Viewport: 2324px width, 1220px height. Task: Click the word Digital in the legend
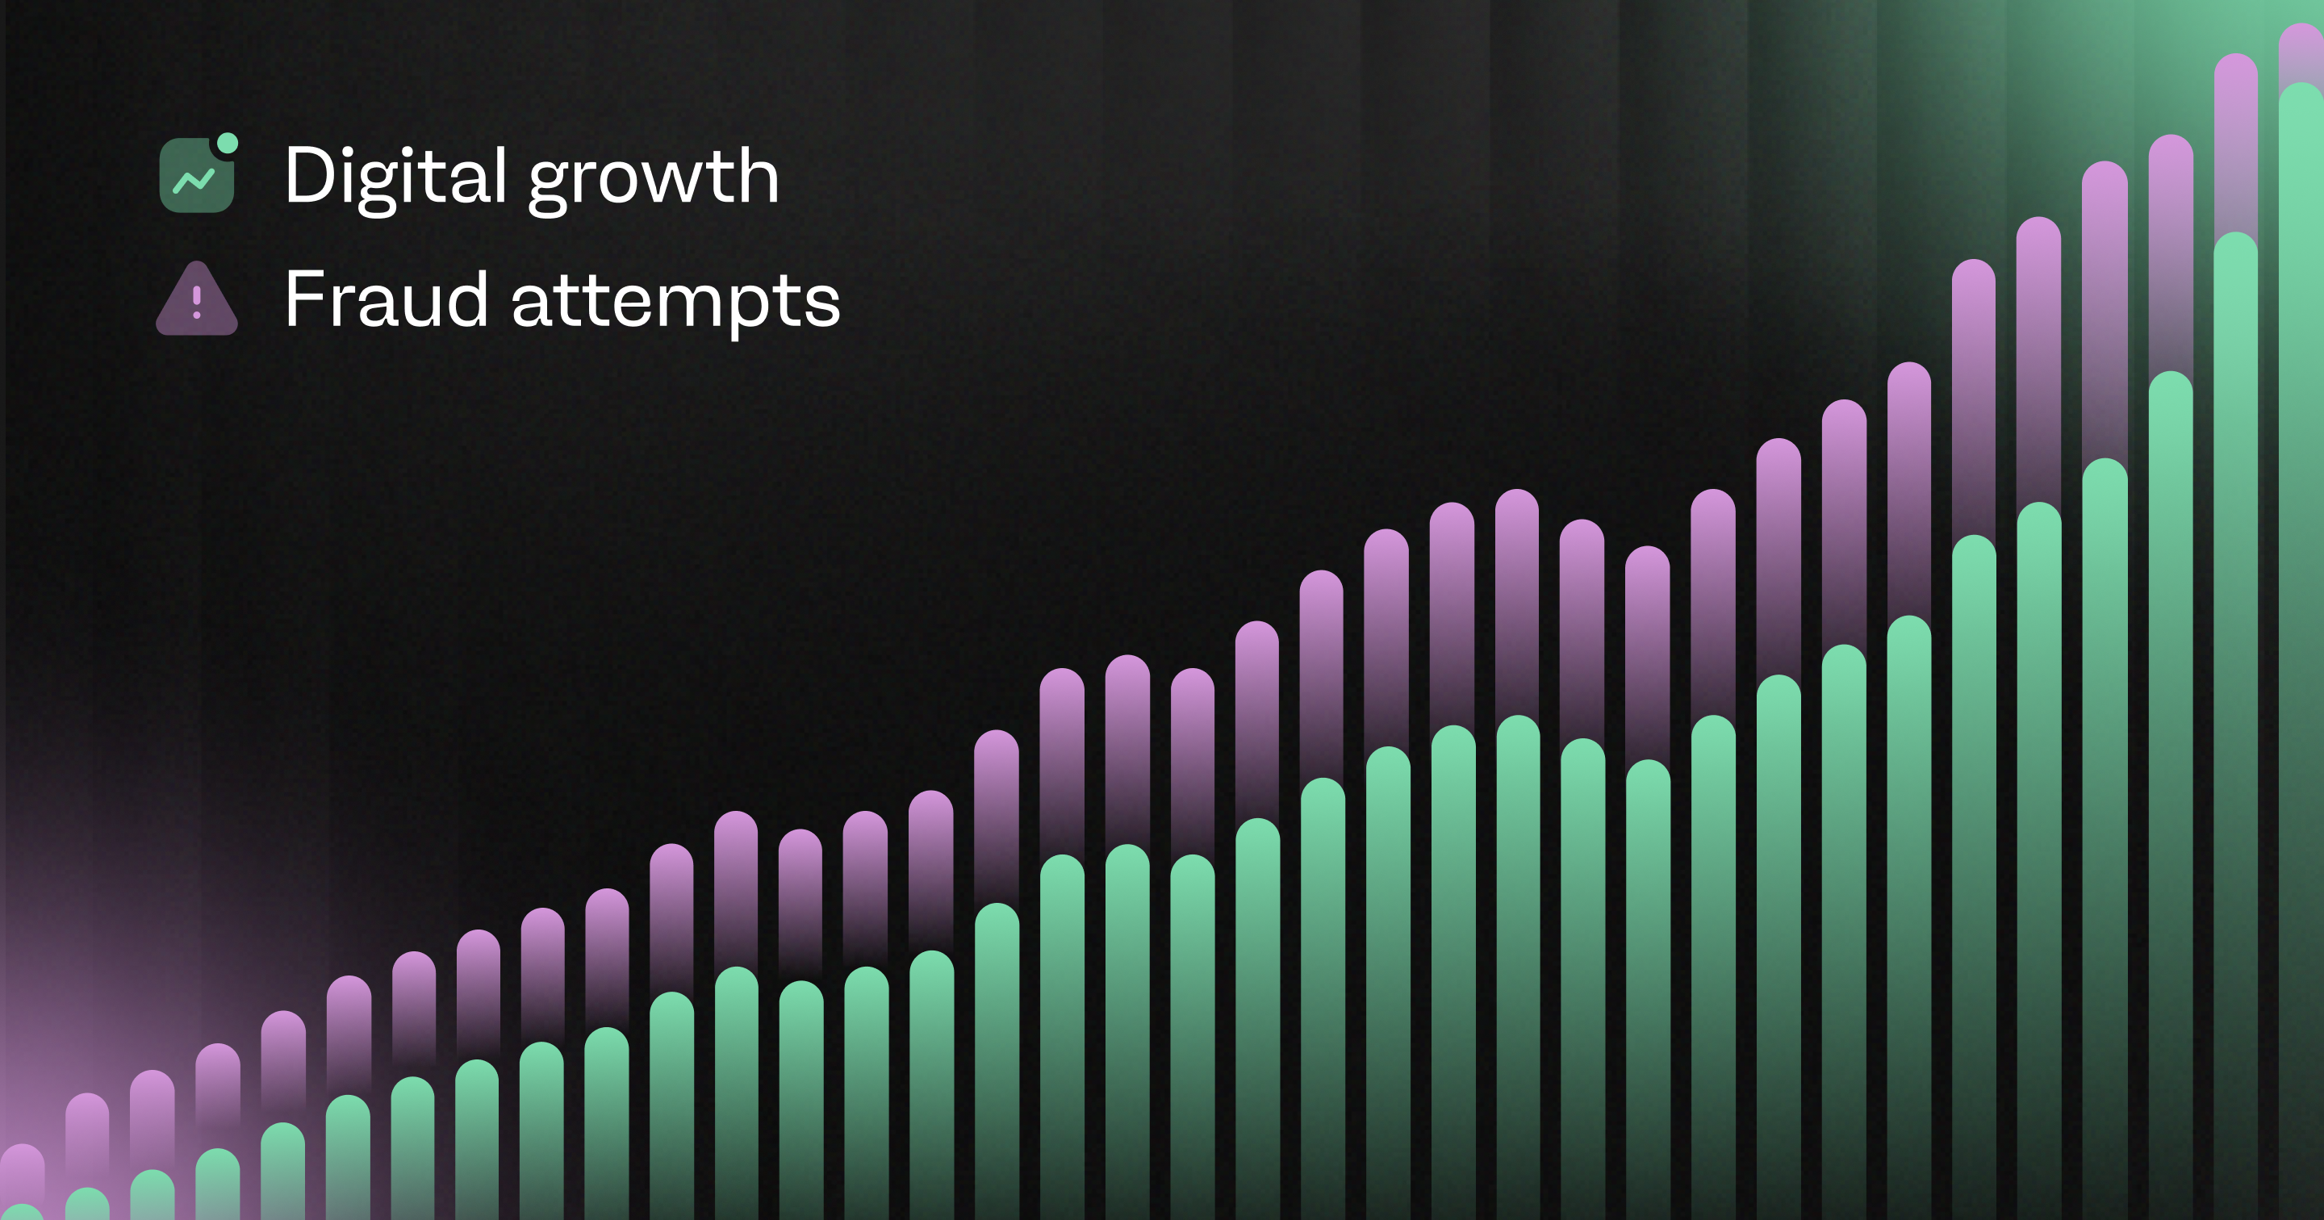tap(395, 177)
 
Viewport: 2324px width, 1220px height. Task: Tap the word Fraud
tap(387, 299)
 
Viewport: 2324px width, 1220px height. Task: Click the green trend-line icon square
tap(197, 175)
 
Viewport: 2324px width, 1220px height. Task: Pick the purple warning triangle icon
tap(197, 299)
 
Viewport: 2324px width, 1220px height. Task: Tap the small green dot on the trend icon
tap(228, 143)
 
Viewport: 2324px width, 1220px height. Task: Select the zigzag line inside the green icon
tap(193, 181)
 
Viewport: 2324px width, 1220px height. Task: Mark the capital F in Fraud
tap(305, 299)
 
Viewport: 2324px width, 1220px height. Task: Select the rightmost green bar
tap(2301, 650)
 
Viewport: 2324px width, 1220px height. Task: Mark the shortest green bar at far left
tap(22, 1212)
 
